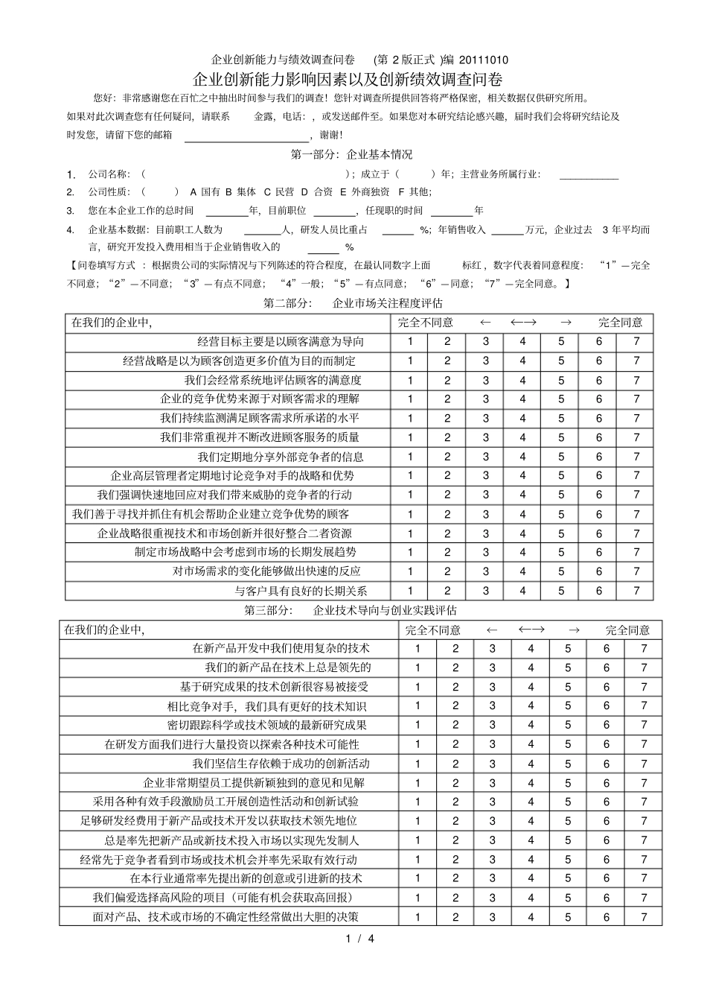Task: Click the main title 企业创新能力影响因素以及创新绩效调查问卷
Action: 347,79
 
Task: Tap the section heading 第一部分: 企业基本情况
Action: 351,155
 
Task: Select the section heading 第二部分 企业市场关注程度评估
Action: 353,303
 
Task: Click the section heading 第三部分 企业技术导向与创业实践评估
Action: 351,610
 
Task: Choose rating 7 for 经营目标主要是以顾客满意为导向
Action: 636,342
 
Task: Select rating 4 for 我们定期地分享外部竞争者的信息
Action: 522,457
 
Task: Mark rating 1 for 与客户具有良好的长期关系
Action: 409,591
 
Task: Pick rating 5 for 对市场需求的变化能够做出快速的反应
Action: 561,571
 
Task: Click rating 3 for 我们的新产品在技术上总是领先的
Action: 492,668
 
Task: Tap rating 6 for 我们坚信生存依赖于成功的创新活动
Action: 606,764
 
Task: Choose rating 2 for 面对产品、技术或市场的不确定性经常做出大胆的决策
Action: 455,917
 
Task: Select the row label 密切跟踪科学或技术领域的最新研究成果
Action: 267,725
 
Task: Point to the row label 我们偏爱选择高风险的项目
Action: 223,898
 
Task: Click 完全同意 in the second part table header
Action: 620,323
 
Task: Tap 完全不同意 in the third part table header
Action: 432,630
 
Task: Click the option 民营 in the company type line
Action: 284,192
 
